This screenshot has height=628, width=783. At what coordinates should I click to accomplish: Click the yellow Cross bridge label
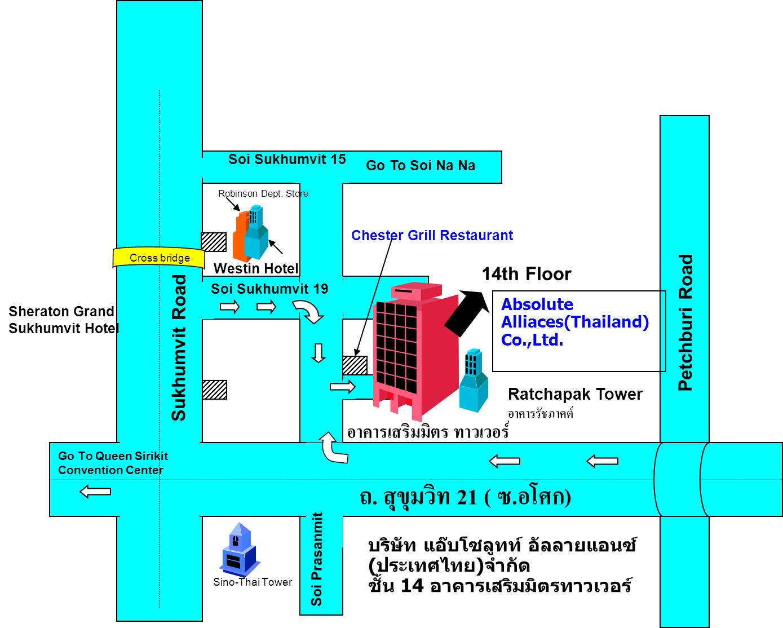coord(159,258)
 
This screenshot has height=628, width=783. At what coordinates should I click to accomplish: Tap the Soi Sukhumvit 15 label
coord(287,160)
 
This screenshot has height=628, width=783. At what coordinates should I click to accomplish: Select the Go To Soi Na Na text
coord(420,166)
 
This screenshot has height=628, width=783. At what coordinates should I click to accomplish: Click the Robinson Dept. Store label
coord(263,193)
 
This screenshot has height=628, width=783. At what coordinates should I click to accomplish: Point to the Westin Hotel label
coord(256,268)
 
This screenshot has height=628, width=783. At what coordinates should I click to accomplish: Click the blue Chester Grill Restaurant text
coord(432,236)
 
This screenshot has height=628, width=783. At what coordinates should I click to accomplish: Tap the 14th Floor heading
coord(527,274)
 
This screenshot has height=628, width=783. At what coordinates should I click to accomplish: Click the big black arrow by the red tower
coord(467,313)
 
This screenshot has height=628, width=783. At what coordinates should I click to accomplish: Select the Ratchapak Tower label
coord(575,394)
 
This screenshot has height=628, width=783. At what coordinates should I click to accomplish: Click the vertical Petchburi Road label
coord(685,322)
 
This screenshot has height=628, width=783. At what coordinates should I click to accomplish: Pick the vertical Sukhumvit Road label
coord(179,348)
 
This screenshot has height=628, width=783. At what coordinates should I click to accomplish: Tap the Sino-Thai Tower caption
coord(253,582)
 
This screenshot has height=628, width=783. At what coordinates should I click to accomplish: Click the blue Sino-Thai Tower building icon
coord(240,550)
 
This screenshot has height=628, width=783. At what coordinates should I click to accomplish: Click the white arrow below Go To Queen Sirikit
coord(95,492)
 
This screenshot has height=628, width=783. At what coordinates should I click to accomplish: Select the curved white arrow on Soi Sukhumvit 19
coord(308,311)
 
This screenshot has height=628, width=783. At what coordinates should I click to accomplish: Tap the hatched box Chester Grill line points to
coord(355,365)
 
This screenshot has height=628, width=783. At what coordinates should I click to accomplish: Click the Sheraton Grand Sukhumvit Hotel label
coord(64,320)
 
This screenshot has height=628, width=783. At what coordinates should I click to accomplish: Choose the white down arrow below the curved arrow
coord(318,353)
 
